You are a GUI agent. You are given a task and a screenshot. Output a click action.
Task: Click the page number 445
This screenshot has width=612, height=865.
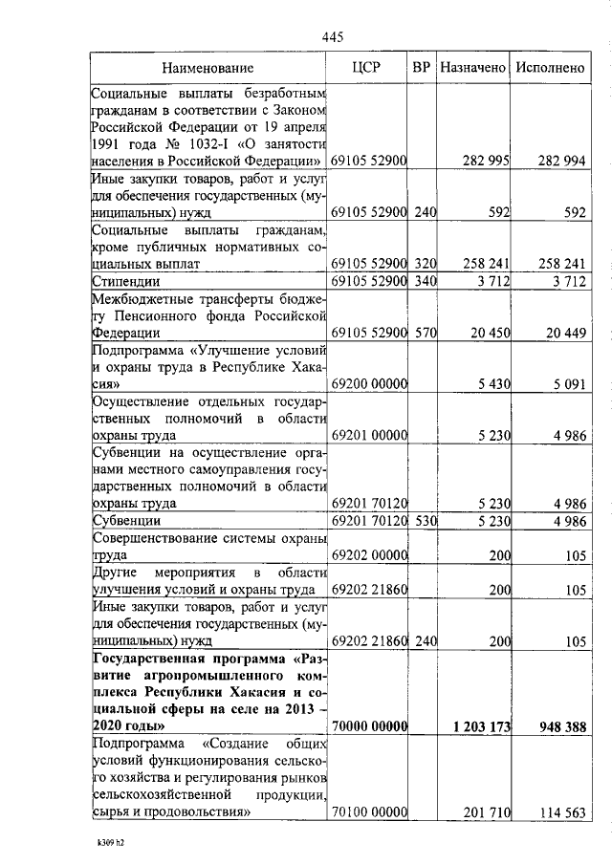(332, 36)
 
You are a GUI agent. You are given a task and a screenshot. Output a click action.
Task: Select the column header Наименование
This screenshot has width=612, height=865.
(208, 68)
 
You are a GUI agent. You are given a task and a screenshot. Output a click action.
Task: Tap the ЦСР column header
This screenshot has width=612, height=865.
(367, 68)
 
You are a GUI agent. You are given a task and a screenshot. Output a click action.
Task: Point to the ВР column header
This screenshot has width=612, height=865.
(421, 68)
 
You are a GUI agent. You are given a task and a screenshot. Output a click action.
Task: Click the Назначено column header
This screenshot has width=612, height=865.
(472, 68)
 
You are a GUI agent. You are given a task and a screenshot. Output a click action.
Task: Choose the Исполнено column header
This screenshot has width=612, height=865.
(549, 68)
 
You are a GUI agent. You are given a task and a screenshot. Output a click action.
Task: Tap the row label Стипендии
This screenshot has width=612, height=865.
(124, 281)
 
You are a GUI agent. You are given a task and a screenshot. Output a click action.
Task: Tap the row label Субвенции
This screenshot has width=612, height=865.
(125, 522)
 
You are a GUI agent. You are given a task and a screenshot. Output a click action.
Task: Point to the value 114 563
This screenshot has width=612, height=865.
(560, 812)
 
